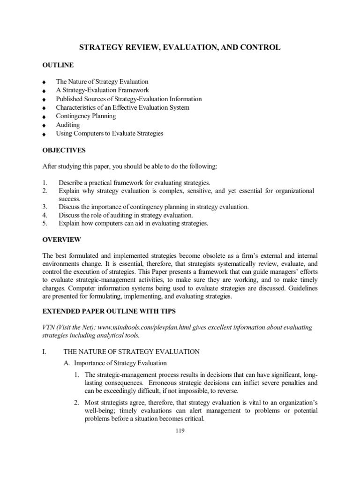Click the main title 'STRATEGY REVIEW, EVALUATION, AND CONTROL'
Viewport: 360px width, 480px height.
coord(180,47)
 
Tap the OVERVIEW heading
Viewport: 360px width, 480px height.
coord(61,240)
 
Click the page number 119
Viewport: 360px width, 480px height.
coord(180,431)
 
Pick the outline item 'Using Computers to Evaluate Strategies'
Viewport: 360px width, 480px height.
coord(109,134)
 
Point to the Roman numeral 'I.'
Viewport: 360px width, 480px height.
coord(45,352)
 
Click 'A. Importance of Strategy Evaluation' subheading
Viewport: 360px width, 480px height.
coord(115,363)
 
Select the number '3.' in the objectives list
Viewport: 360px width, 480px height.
coord(45,207)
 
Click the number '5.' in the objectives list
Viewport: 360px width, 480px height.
coord(45,224)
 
